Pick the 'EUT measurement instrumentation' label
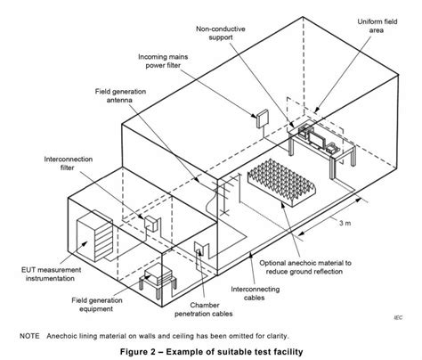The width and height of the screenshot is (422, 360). [x=42, y=268]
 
